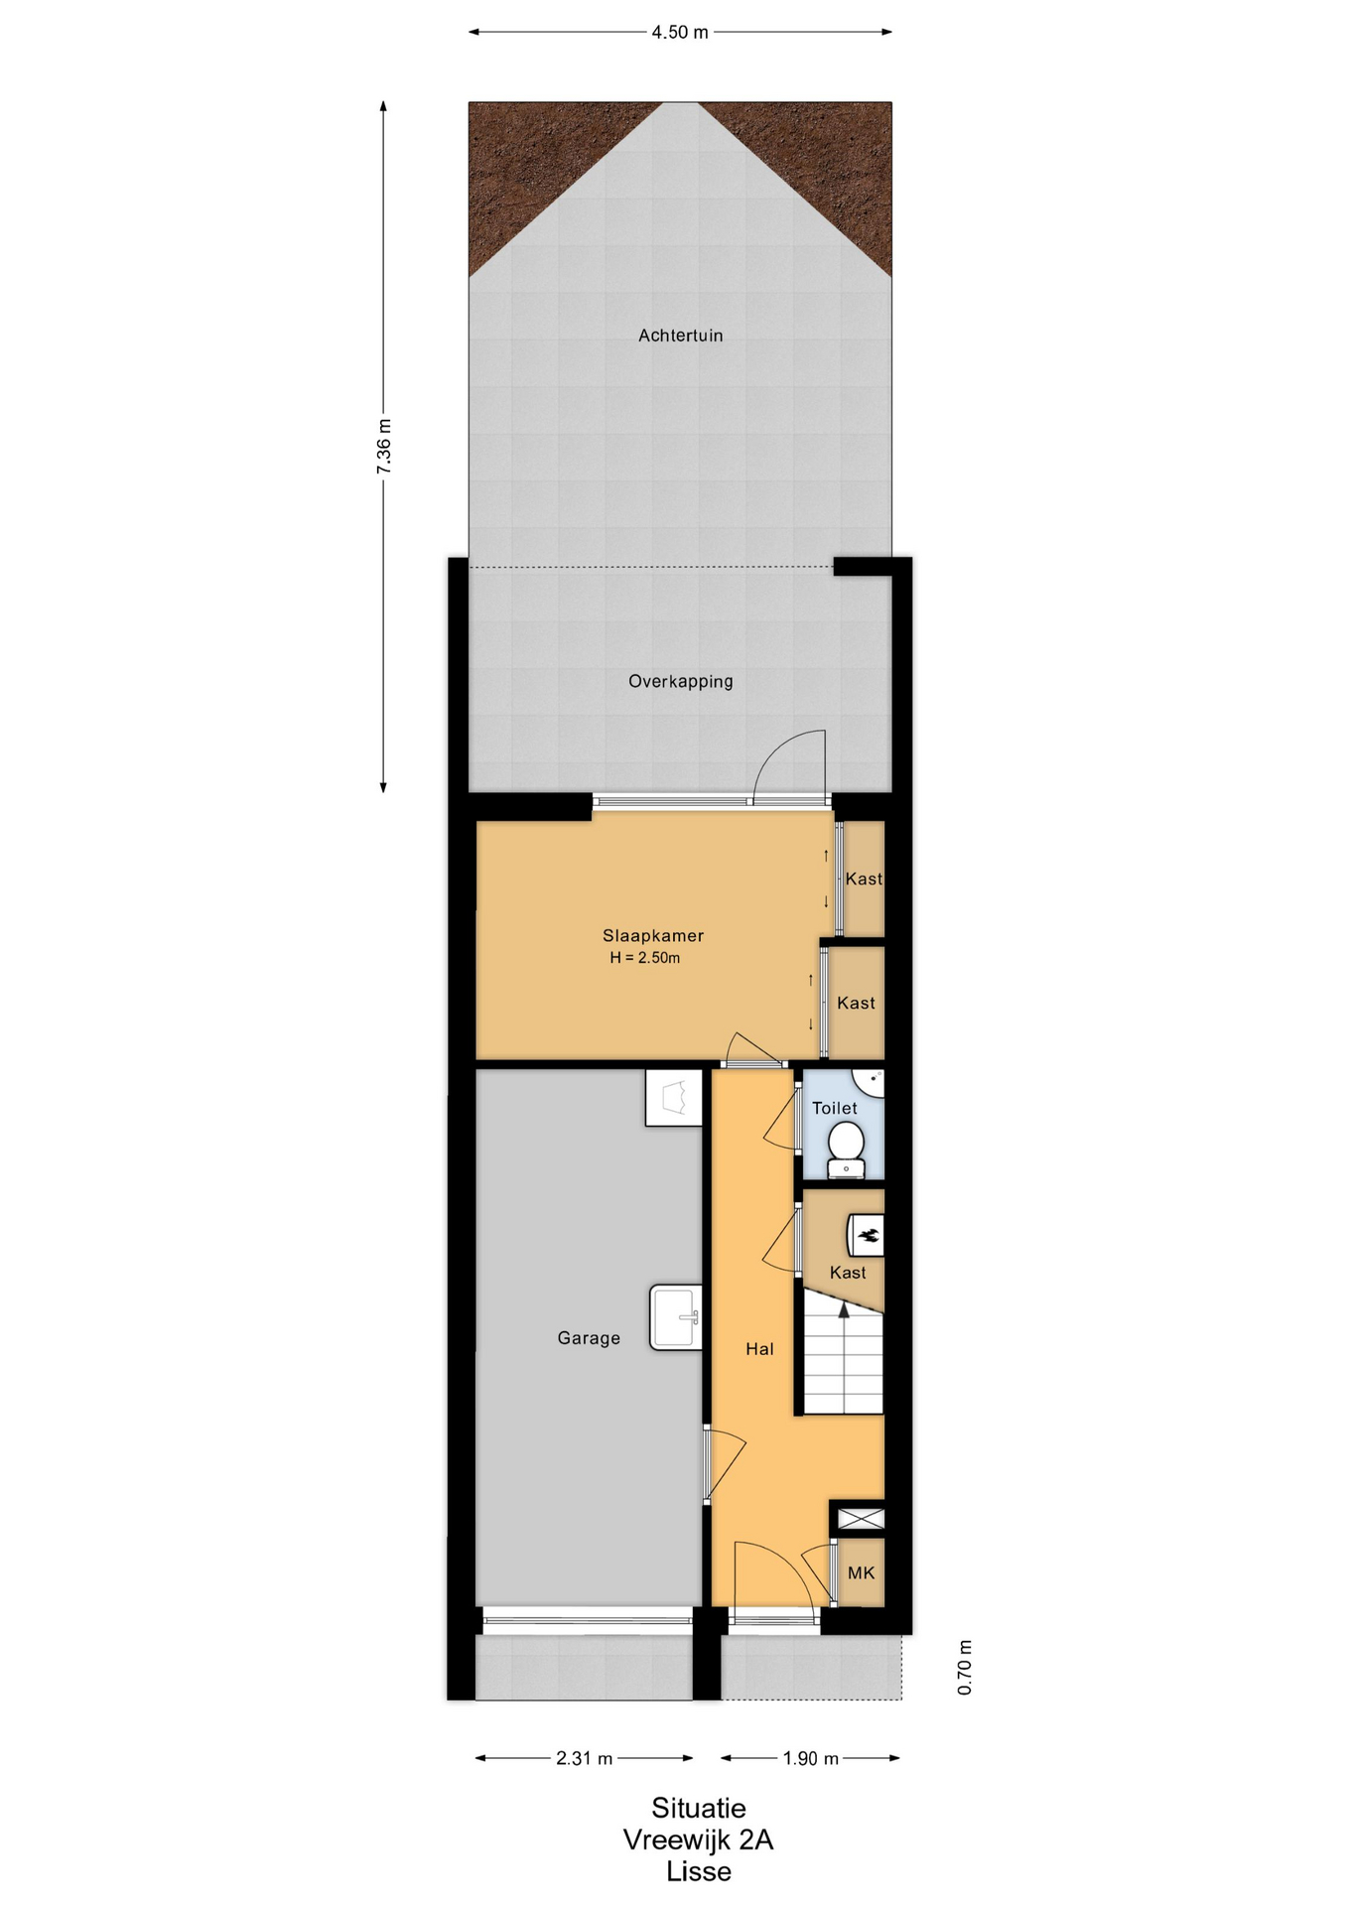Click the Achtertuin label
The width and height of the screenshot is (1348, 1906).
680,336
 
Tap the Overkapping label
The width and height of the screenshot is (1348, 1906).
680,681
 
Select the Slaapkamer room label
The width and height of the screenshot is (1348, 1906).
653,935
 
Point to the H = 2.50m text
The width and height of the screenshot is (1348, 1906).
645,958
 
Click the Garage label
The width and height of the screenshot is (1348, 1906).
589,1338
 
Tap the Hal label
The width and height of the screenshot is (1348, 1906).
759,1348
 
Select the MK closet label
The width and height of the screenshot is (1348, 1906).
861,1572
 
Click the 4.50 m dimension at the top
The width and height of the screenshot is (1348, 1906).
680,32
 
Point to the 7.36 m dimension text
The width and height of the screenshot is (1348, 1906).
384,446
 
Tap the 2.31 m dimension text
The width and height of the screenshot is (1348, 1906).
584,1758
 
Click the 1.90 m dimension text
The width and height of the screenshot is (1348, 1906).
810,1758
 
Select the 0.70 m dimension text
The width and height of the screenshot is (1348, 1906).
965,1667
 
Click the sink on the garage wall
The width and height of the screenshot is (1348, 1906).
676,1317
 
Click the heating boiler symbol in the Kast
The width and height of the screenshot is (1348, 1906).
866,1236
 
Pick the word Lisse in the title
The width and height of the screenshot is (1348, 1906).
698,1871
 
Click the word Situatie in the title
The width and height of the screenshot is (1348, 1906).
698,1808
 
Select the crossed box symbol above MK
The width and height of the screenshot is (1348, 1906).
861,1518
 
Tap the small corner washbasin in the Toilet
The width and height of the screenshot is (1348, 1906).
870,1081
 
